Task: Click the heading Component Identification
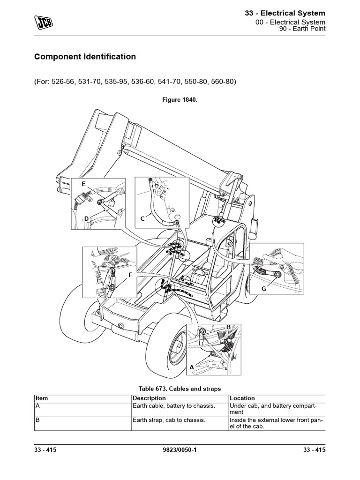tap(85, 57)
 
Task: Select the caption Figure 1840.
tap(180, 99)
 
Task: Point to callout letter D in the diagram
tap(87, 218)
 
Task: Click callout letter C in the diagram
tap(143, 218)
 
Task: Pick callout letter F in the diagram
tap(130, 275)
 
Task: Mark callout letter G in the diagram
tap(264, 289)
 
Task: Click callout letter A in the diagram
tap(191, 368)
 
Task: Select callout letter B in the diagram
tap(229, 327)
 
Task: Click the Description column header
tap(150, 398)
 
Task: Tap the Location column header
tap(242, 398)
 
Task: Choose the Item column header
tap(42, 398)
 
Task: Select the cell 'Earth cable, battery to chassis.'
tap(174, 405)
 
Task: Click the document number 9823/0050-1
tap(180, 450)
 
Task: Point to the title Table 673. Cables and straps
tap(180, 389)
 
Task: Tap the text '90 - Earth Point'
tap(302, 29)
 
